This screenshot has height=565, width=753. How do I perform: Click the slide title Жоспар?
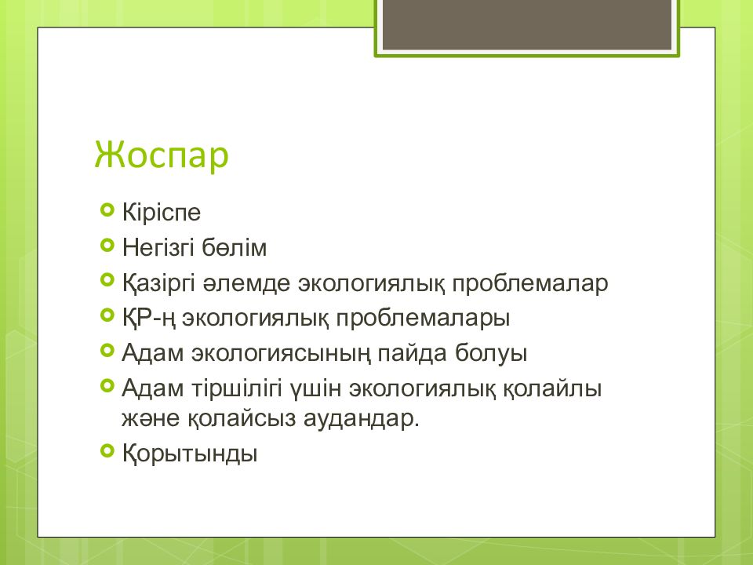click(162, 155)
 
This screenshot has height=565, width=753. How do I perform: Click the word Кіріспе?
click(162, 213)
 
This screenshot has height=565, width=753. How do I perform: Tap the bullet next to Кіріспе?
click(107, 210)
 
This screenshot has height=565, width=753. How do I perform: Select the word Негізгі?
click(158, 247)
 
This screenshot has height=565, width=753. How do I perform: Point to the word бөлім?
click(234, 247)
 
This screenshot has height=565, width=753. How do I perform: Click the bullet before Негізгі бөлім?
click(107, 245)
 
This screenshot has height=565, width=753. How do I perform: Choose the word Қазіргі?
click(158, 283)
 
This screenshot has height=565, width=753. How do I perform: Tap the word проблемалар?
click(529, 283)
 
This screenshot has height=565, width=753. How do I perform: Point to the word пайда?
click(413, 353)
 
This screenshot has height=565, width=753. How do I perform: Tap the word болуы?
click(491, 353)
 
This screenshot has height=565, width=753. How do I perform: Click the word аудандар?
click(361, 418)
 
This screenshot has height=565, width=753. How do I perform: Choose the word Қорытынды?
click(190, 454)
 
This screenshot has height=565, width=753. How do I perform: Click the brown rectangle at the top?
click(527, 24)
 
